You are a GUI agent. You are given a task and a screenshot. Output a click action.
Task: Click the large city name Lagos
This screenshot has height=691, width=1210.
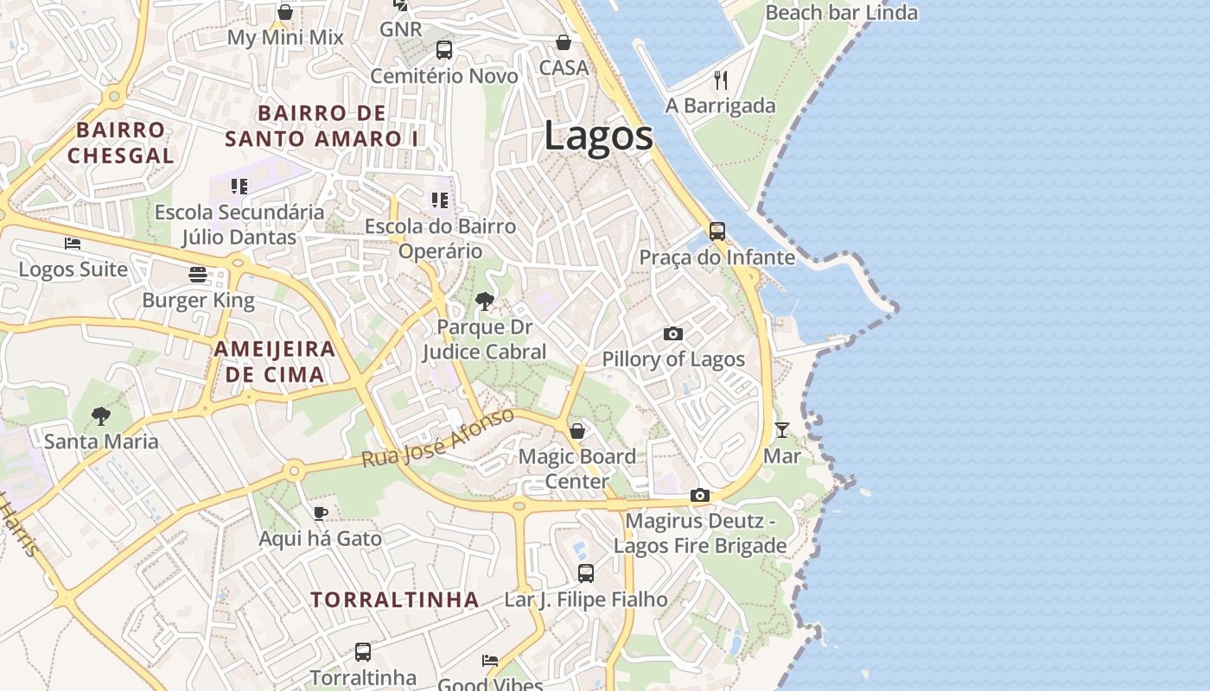[598, 136]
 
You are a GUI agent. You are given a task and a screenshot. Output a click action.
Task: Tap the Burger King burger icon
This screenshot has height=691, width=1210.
[198, 275]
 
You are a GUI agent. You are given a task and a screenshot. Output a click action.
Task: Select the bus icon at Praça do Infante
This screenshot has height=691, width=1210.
[716, 231]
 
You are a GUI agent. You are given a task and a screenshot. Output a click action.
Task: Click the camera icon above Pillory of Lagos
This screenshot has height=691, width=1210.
[672, 333]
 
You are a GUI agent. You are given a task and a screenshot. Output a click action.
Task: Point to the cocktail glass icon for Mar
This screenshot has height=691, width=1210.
[781, 429]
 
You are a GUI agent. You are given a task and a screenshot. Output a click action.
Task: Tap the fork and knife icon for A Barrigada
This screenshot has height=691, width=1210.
[721, 80]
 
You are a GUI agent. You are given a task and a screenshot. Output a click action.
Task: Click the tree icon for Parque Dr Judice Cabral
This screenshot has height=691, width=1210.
[485, 301]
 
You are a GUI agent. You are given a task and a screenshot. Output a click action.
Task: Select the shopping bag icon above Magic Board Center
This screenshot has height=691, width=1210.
[576, 430]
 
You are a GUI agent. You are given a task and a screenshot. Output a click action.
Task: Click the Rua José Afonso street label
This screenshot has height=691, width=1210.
[437, 439]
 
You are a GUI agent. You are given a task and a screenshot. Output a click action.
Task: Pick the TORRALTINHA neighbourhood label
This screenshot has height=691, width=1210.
[395, 599]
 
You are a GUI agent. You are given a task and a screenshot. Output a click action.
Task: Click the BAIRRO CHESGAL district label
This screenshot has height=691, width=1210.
[121, 143]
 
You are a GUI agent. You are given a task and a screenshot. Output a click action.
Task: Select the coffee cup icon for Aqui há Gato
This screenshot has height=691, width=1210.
[320, 513]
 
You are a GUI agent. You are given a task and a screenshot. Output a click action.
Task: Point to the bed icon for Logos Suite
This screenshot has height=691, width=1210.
[73, 244]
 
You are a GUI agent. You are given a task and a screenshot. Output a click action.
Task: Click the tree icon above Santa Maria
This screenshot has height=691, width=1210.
[101, 416]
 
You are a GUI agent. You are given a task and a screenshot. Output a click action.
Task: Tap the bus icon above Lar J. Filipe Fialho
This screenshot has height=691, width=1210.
[585, 573]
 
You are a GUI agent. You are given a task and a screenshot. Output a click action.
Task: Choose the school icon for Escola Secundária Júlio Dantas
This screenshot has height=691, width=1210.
[239, 187]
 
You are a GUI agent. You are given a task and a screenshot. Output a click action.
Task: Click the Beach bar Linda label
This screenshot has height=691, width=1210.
[841, 13]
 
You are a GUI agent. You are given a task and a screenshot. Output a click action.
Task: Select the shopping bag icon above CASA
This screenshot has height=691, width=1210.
[563, 42]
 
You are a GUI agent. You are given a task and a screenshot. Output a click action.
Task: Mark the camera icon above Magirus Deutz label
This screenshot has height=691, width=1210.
[699, 496]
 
